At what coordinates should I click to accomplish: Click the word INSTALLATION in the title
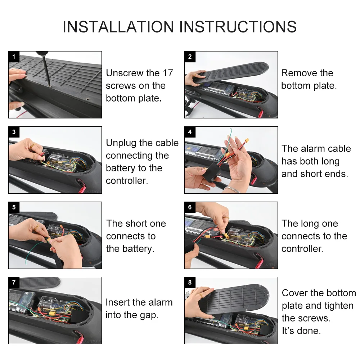118,27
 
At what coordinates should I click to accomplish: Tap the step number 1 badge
14,57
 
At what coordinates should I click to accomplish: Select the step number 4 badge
190,132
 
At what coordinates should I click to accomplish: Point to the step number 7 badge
14,282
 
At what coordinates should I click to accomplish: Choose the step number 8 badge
190,282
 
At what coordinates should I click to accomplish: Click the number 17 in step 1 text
167,73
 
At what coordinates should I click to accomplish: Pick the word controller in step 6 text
302,249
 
